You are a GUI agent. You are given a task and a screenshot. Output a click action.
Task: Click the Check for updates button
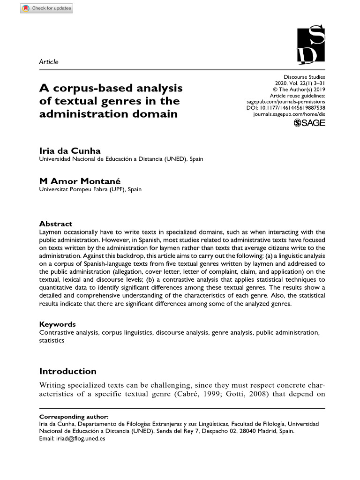click(46, 8)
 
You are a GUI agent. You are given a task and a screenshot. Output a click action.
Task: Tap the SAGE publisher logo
click(309, 123)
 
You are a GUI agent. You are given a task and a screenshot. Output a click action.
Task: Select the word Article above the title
click(49, 62)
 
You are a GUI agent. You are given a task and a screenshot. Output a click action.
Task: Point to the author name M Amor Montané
click(80, 181)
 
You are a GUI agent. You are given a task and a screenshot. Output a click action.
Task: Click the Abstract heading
click(56, 224)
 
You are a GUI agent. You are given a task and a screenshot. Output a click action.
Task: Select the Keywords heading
click(57, 324)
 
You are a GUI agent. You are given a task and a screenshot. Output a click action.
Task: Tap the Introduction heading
click(67, 371)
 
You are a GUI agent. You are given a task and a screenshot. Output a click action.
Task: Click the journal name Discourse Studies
click(304, 77)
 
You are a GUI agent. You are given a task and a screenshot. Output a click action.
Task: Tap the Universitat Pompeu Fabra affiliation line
click(90, 189)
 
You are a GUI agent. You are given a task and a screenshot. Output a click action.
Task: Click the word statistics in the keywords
click(52, 340)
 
